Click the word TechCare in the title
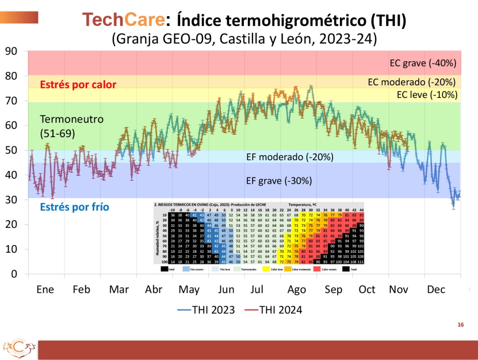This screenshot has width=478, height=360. tap(122, 20)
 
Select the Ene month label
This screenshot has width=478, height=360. tap(45, 289)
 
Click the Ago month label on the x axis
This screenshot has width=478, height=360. tap(296, 289)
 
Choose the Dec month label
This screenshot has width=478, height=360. tap(436, 289)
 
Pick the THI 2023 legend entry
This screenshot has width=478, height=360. tap(206, 310)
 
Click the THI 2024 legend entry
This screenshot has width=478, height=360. tap(273, 310)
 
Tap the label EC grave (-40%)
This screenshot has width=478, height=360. tap(423, 63)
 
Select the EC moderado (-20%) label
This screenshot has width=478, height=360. tap(412, 82)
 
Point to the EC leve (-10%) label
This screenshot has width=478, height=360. tap(427, 95)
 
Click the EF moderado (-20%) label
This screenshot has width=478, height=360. tap(289, 157)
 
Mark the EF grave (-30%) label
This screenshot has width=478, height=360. tap(279, 180)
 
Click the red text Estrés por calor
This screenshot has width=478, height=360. tap(78, 84)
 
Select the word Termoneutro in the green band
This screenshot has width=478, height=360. tap(65, 119)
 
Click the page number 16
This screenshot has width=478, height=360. tap(460, 325)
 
